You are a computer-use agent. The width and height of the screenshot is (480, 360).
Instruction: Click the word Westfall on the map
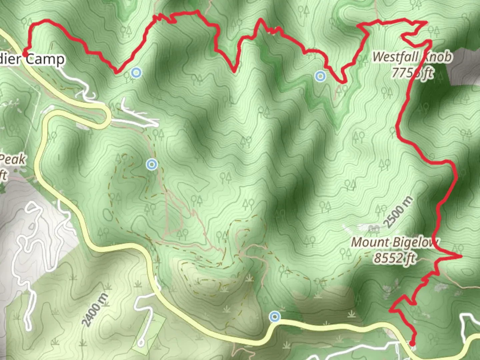coord(395,57)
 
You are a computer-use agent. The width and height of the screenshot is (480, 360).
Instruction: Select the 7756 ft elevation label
coord(413,72)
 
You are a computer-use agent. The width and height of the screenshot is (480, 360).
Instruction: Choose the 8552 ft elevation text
coord(395,258)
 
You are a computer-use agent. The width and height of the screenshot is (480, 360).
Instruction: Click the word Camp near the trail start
coord(45,59)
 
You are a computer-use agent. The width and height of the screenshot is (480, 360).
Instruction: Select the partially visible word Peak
coord(13,160)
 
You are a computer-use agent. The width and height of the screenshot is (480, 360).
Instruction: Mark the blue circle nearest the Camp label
coord(136,72)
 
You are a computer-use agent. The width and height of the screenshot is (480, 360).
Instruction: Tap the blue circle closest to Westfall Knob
coord(320,76)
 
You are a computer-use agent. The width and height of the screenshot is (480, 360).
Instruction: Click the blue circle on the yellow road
coord(275,316)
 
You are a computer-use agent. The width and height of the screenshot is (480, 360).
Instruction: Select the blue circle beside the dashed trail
coord(152,164)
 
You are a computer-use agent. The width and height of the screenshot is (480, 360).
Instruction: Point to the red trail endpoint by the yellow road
coord(412,343)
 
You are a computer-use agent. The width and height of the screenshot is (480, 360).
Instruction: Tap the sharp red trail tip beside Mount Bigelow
coord(461,256)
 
